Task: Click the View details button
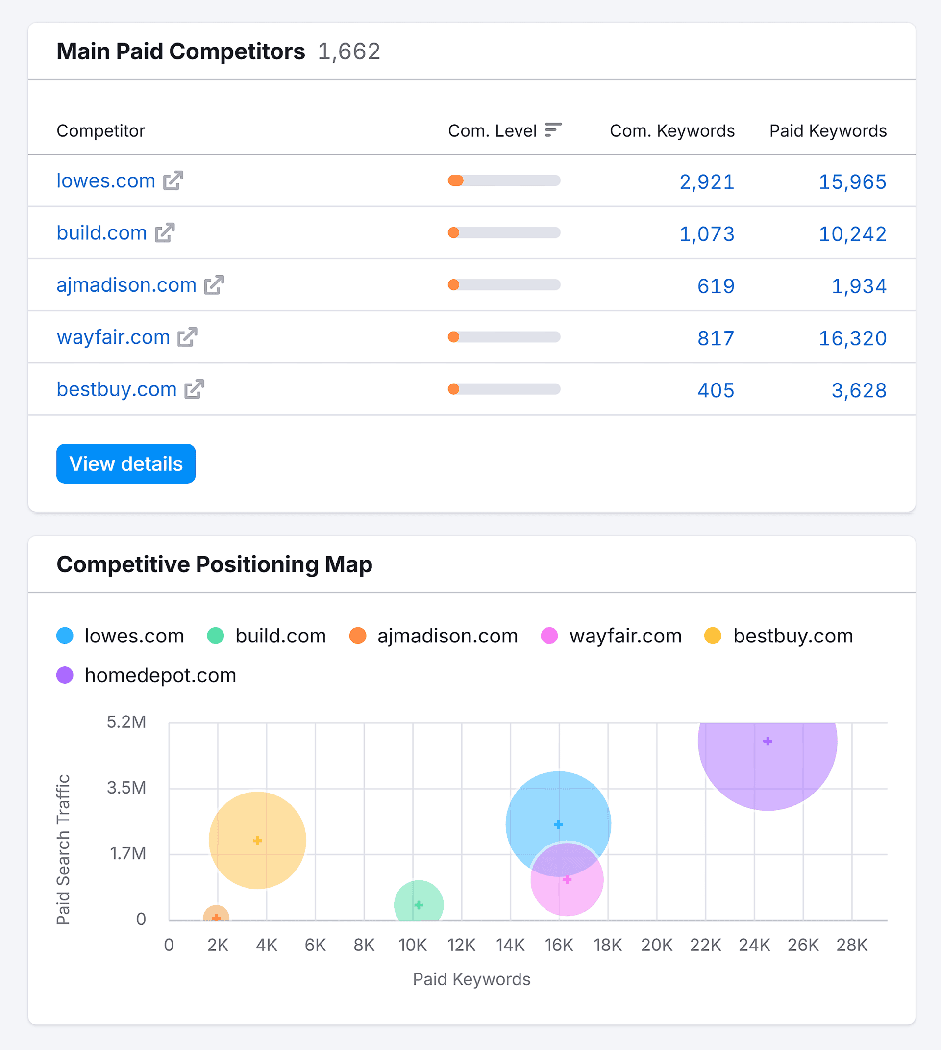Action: pyautogui.click(x=125, y=463)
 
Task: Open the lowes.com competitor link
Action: pyautogui.click(x=105, y=180)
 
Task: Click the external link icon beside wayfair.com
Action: pyautogui.click(x=187, y=337)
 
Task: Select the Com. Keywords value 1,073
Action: pyautogui.click(x=706, y=234)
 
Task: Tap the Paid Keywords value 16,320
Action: pyautogui.click(x=852, y=338)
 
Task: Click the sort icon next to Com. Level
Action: pyautogui.click(x=553, y=130)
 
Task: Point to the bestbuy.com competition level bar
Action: pyautogui.click(x=504, y=389)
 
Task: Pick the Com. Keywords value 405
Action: pyautogui.click(x=716, y=390)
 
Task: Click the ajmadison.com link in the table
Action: pyautogui.click(x=126, y=285)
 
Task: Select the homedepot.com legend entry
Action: pyautogui.click(x=147, y=675)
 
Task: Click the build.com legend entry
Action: pyautogui.click(x=267, y=636)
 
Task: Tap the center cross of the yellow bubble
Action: pyautogui.click(x=257, y=841)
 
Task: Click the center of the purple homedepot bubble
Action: pyautogui.click(x=768, y=741)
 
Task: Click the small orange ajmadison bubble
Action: pyautogui.click(x=216, y=915)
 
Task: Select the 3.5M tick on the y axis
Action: pyautogui.click(x=126, y=788)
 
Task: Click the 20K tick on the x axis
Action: pyautogui.click(x=657, y=945)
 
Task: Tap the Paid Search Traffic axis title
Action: pyautogui.click(x=63, y=849)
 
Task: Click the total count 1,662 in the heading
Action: pyautogui.click(x=349, y=51)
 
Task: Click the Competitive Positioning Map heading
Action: pyautogui.click(x=214, y=564)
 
